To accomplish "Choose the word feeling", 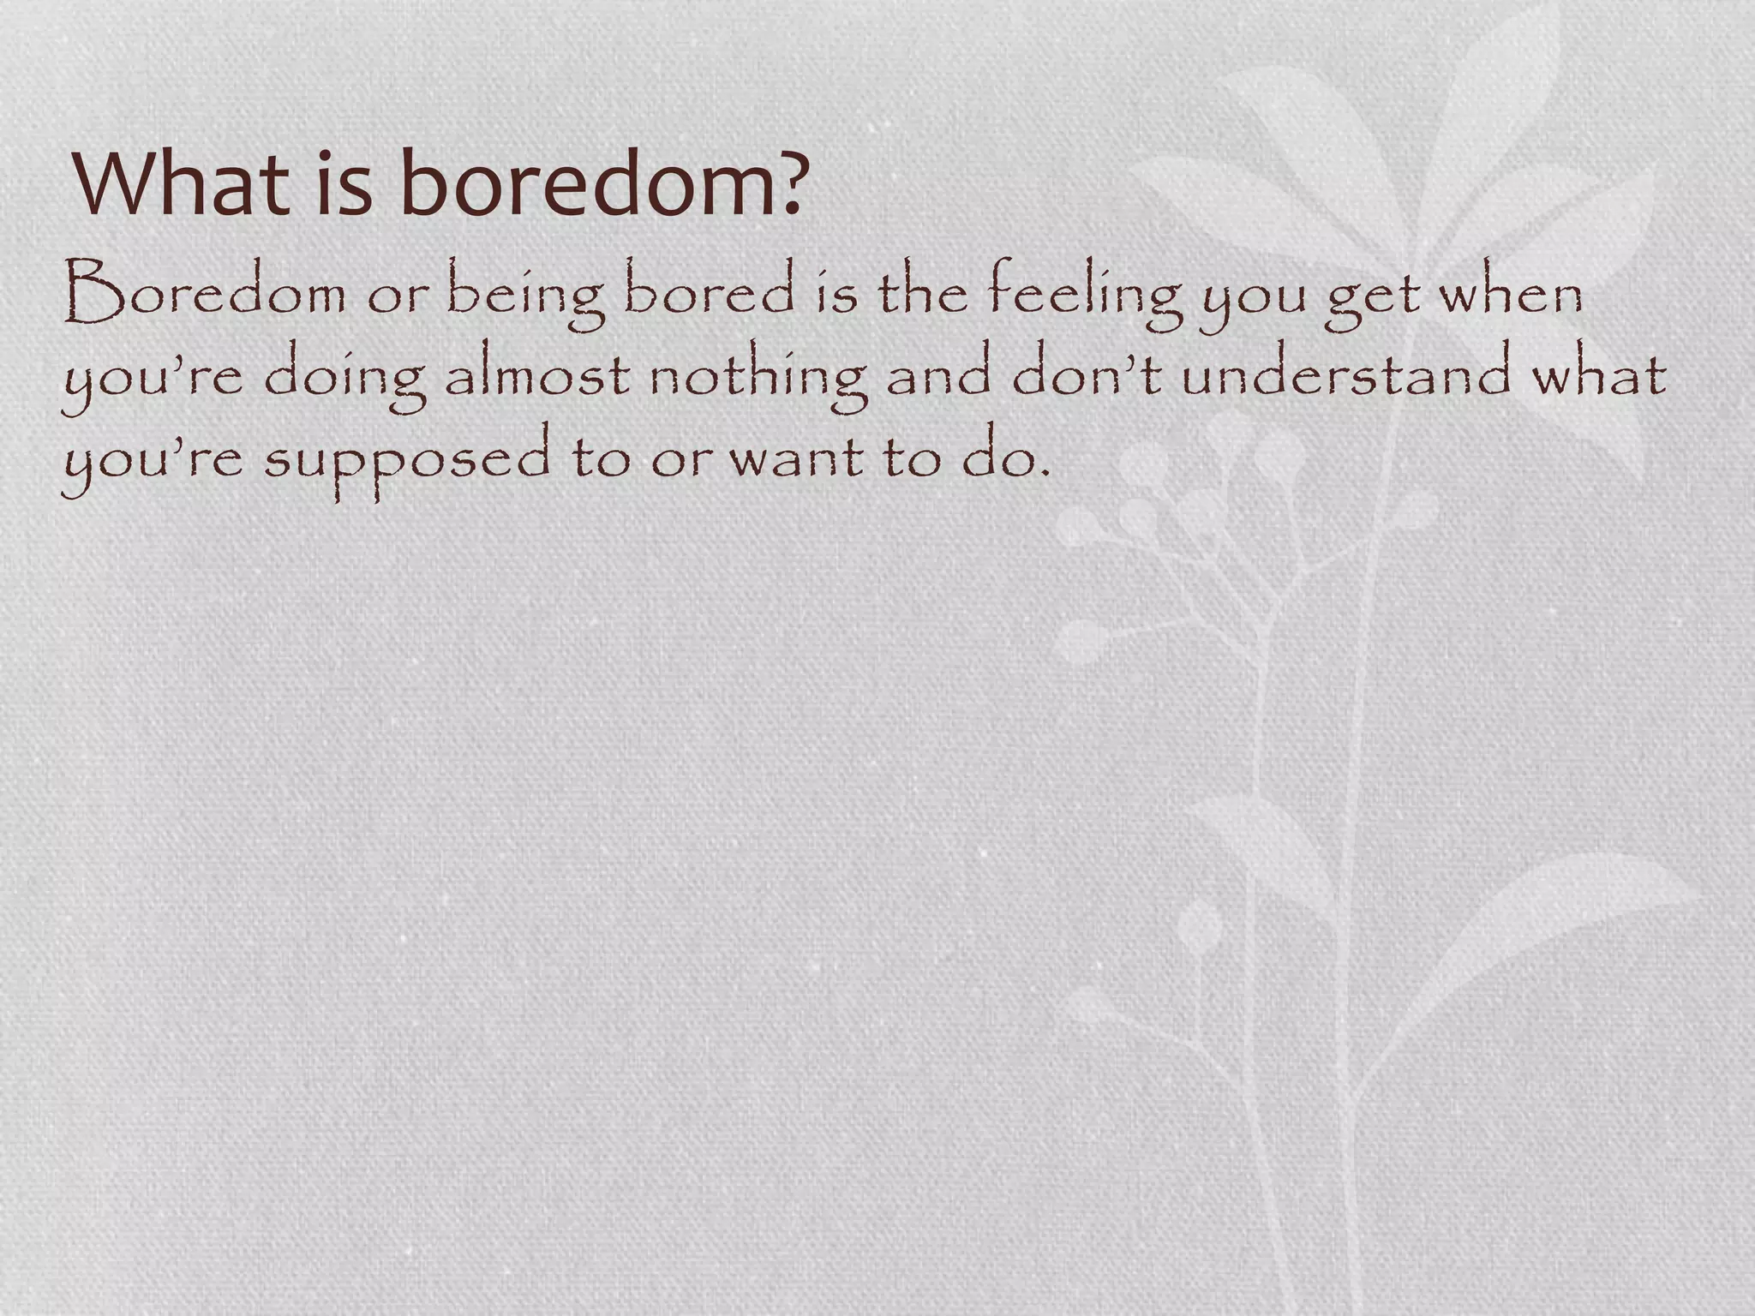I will pos(1085,296).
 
